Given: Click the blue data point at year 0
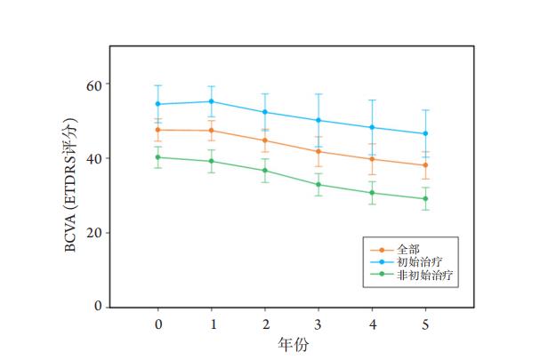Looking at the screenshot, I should (x=158, y=104).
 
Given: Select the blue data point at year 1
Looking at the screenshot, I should (x=212, y=101).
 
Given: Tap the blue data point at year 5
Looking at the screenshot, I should (x=425, y=133).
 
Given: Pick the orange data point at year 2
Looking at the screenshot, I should (x=265, y=140).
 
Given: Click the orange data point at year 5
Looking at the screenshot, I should (x=425, y=165).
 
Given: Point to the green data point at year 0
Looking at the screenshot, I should (x=158, y=157).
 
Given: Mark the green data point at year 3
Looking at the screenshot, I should (x=318, y=185).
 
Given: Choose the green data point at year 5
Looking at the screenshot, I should (x=425, y=199).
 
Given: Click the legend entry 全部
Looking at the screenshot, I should (x=407, y=250).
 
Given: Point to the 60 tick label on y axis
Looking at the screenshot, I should (x=92, y=84).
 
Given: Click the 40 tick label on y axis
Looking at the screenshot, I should (x=92, y=158).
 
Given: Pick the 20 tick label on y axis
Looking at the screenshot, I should (x=92, y=233).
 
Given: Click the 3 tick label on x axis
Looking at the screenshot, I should (x=318, y=324).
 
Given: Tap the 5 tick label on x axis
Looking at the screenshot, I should (x=425, y=324).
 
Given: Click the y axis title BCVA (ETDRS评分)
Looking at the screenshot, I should (x=70, y=185).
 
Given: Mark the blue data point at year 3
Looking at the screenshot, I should (x=318, y=120).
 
